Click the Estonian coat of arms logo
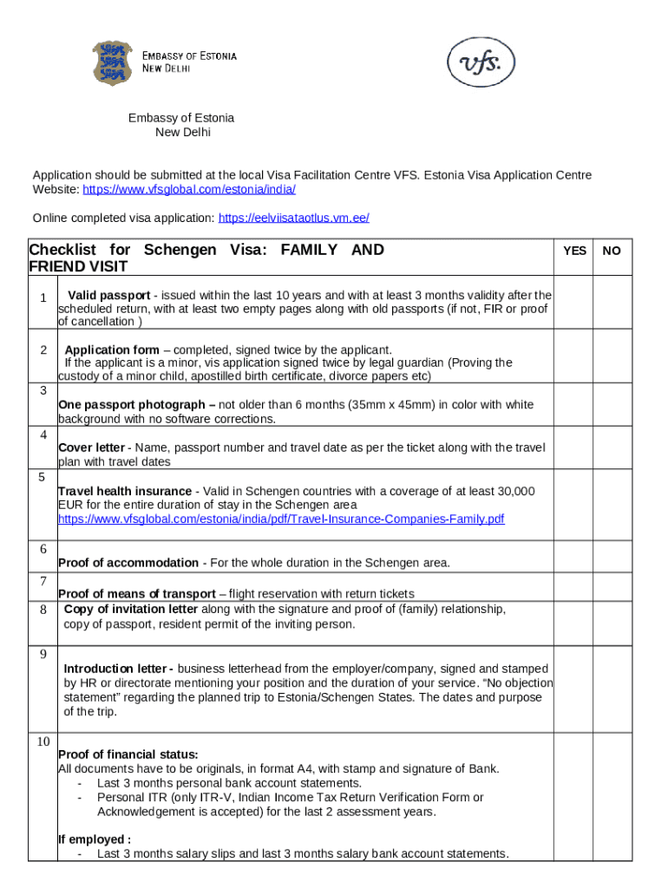(113, 62)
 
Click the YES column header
(574, 251)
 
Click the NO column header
(612, 251)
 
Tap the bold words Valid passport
(108, 295)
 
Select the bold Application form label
(112, 349)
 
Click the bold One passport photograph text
(136, 405)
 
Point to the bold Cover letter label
(91, 447)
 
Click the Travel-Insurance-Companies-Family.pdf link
(281, 519)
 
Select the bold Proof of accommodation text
(128, 563)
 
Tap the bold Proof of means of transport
(136, 594)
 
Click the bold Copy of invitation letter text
(130, 610)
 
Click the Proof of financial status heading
(128, 754)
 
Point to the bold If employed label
(95, 839)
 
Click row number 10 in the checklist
(43, 741)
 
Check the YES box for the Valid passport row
(574, 303)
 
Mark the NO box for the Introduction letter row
(612, 689)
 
